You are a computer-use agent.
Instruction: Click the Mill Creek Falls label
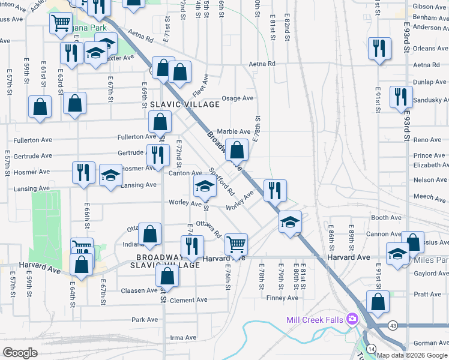[315, 320]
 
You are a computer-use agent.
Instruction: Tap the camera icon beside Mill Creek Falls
[352, 319]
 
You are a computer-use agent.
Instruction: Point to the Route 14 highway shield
[372, 349]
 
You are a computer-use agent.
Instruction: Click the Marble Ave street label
[233, 131]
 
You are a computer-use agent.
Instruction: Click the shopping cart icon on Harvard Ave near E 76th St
[237, 244]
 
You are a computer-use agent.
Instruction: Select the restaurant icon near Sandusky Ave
[400, 97]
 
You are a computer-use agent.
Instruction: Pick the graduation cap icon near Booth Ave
[290, 222]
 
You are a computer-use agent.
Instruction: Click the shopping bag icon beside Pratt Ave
[378, 302]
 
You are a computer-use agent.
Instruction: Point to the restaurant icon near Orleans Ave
[379, 48]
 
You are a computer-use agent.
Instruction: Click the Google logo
[20, 353]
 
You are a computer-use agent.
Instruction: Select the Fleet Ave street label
[200, 86]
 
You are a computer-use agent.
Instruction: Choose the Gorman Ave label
[430, 343]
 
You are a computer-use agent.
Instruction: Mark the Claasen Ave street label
[139, 290]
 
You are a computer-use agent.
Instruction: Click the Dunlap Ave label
[430, 82]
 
